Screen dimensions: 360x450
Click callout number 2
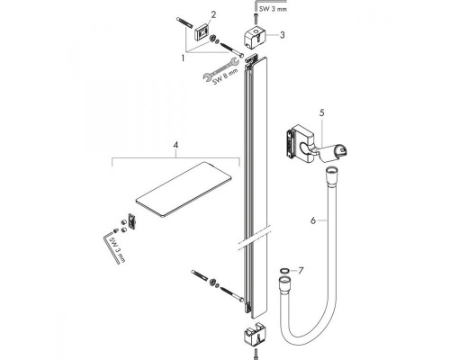click(213, 14)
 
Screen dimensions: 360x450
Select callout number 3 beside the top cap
click(282, 35)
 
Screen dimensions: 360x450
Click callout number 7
click(302, 269)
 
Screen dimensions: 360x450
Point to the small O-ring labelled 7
click(283, 269)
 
